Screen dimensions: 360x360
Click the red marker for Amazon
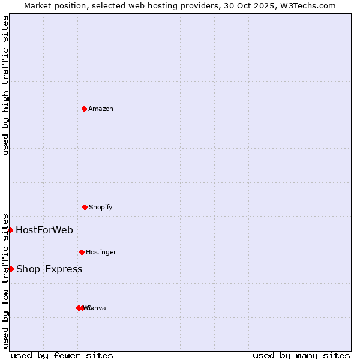point(84,109)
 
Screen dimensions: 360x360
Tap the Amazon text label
point(101,109)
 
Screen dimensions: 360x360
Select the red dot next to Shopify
point(85,207)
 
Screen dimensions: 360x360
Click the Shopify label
point(101,208)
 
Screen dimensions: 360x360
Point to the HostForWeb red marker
point(10,230)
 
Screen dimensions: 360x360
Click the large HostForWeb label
point(44,230)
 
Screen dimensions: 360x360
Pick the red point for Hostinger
point(82,252)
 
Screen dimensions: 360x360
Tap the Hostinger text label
point(101,253)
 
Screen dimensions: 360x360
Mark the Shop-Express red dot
point(11,269)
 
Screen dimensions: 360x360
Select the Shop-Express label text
point(49,269)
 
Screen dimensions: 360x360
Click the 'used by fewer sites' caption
point(62,355)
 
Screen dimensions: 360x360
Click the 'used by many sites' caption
point(301,355)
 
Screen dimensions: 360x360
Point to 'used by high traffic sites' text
point(5,85)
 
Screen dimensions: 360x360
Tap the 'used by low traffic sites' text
point(5,280)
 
